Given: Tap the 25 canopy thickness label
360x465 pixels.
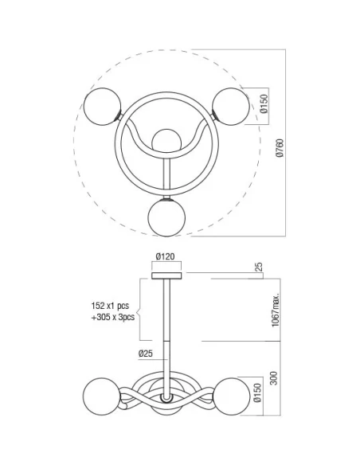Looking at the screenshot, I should [258, 268].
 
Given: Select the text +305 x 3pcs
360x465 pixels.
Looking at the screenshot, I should [112, 317].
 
